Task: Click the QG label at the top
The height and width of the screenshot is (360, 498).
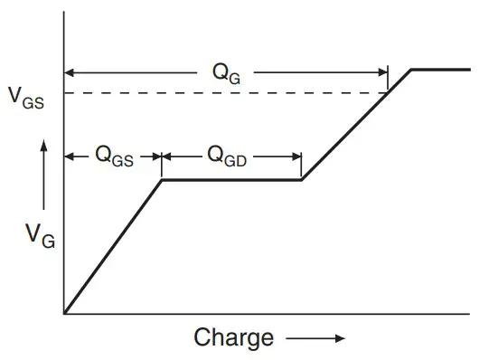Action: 227,73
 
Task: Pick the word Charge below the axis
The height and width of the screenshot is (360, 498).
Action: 233,338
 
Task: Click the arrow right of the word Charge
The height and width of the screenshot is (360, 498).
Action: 316,339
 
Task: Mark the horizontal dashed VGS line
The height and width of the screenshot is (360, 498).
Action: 226,93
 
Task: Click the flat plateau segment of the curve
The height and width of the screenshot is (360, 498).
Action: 230,180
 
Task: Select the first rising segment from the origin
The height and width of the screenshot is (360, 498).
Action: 113,246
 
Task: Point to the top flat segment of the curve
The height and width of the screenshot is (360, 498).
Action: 441,70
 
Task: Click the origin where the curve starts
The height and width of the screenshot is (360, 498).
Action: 64,313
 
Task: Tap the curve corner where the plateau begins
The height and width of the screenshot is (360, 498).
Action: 162,180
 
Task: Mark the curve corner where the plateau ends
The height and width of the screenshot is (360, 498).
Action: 301,180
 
